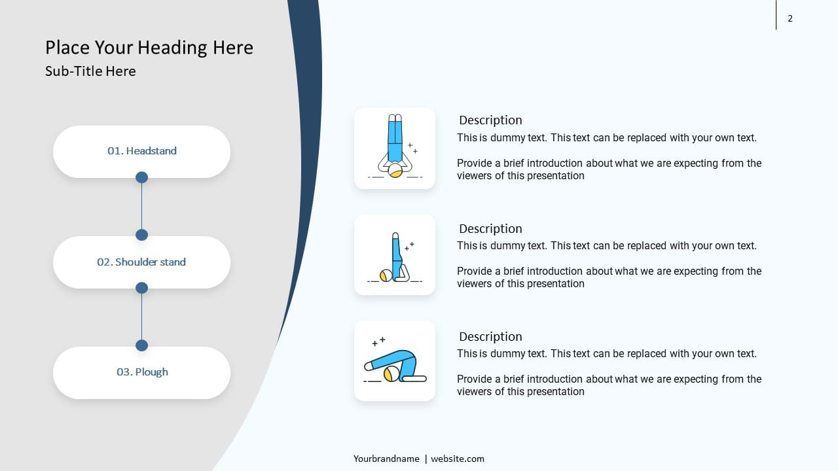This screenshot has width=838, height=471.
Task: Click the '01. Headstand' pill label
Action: coord(142,150)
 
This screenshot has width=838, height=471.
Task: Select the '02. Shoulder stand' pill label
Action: coord(141,262)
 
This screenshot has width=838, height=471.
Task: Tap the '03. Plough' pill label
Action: coord(142,372)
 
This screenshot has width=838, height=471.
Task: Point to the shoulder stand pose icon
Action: coord(395,257)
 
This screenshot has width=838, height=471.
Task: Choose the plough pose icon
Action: coord(395,360)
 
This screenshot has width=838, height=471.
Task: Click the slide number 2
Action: coord(790,18)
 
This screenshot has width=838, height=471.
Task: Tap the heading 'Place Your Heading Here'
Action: coord(149,48)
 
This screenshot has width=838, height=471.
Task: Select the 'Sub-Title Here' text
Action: coord(90,71)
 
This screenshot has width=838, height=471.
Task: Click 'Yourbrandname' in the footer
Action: coord(386,459)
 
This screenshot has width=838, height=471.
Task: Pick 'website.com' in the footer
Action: coord(458,459)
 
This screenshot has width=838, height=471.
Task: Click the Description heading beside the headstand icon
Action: coord(490,120)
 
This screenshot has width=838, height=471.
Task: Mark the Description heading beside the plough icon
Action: coord(490,336)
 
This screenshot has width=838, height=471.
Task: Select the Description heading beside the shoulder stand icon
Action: coord(490,228)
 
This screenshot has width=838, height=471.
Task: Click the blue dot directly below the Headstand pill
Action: coord(141,177)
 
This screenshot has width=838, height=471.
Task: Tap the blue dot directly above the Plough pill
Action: coord(141,345)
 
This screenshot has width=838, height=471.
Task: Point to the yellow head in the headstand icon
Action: coord(395,171)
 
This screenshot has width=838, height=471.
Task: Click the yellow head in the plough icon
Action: coord(392,374)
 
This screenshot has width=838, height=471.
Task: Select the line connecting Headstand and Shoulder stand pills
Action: coord(141,206)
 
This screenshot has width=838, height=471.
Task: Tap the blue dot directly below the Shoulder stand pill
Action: coord(141,288)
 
